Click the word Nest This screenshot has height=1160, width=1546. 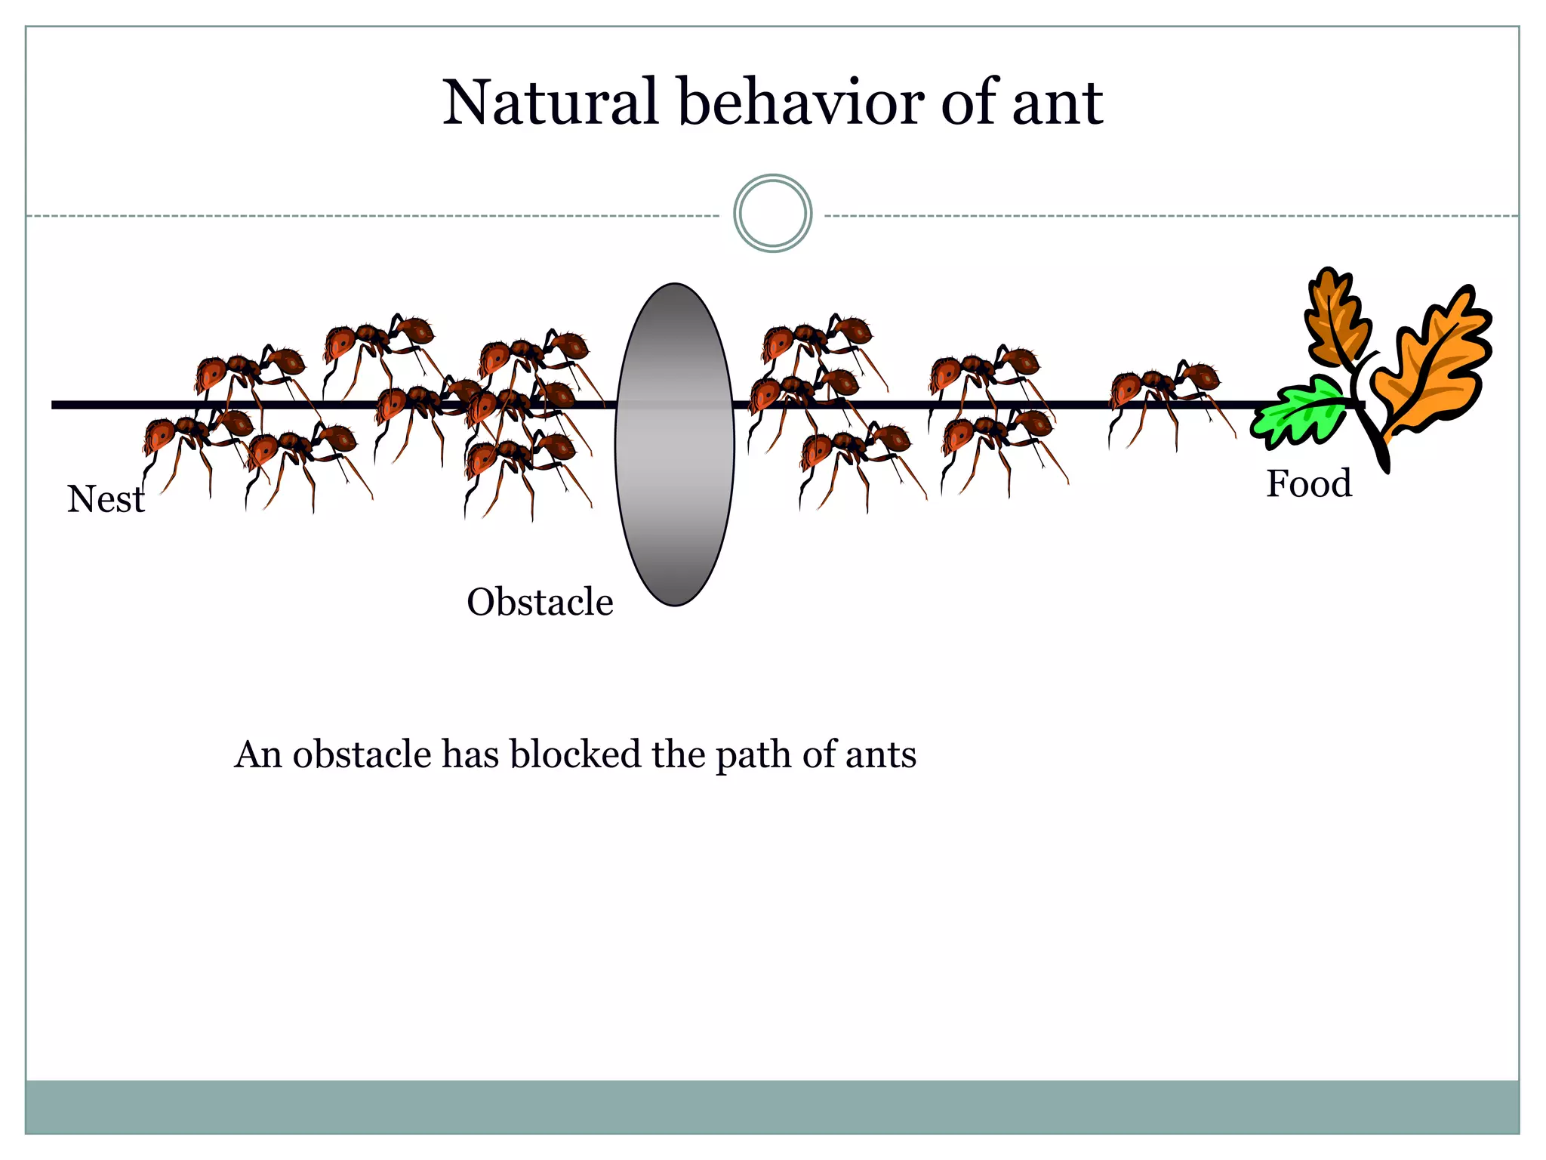[105, 499]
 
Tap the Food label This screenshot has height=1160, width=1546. [1308, 483]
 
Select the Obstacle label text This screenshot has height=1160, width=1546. [540, 602]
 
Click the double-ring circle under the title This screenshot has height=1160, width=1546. [772, 214]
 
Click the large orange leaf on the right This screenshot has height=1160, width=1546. [1427, 370]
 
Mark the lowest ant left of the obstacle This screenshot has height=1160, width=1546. [521, 468]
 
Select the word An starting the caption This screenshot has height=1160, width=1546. [257, 754]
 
